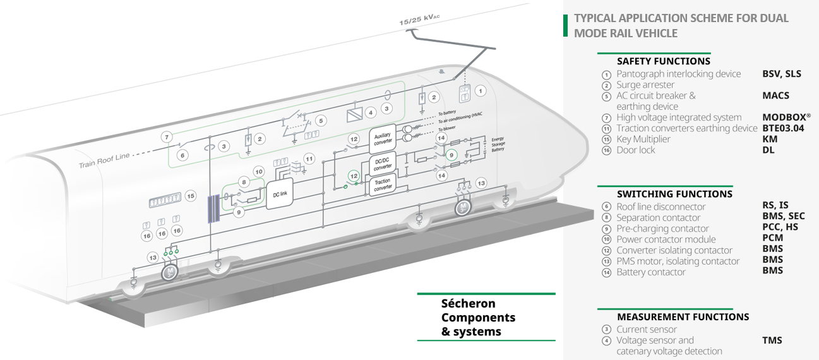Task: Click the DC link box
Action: pos(280,194)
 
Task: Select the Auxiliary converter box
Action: pos(383,138)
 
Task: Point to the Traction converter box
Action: pos(383,185)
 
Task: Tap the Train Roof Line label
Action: pos(104,160)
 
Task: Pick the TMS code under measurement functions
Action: pos(772,340)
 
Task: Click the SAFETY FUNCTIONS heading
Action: pos(663,61)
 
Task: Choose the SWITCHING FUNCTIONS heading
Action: pos(674,194)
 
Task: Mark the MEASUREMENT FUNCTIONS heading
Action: pos(683,317)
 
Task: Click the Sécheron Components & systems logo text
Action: pos(478,317)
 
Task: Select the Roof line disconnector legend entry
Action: pos(661,207)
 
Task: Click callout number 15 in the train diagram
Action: pos(191,196)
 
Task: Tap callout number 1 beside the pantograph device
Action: pos(481,91)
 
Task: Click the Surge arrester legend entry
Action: pos(645,85)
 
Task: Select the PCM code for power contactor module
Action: pos(772,238)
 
